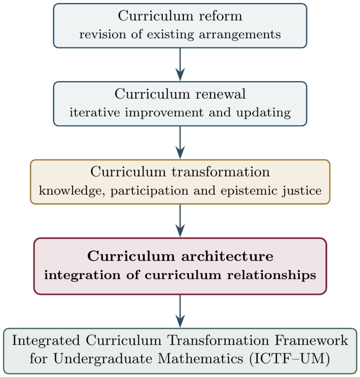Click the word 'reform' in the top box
(x=220, y=16)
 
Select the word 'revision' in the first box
(x=102, y=34)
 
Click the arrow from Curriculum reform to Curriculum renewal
(x=180, y=64)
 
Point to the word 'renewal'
(x=220, y=94)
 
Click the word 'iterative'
(x=95, y=113)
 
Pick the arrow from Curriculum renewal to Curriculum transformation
(x=180, y=143)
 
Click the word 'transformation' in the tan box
(x=221, y=172)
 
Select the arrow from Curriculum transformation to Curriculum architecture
(x=180, y=221)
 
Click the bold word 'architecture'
(x=227, y=256)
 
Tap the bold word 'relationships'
(x=272, y=275)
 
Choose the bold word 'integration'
(x=82, y=275)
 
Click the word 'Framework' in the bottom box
(x=311, y=341)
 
